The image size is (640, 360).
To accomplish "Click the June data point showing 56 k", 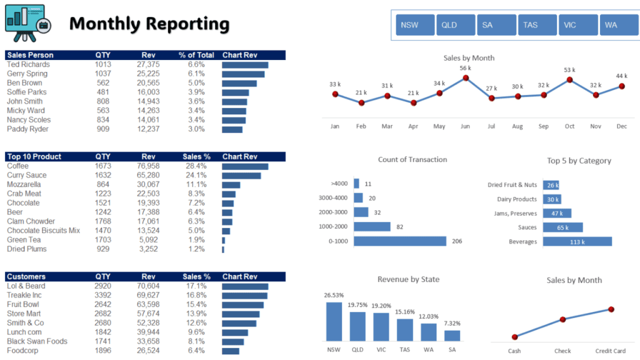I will pos(466,78).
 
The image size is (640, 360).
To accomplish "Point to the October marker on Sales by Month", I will pos(569,79).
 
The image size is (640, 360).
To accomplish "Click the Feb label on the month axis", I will pos(361,126).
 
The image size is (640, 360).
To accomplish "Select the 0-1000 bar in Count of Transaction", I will pos(400,241).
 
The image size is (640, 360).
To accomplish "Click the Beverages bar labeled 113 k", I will pos(577,241).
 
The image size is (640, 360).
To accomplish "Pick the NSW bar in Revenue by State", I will pos(334,321).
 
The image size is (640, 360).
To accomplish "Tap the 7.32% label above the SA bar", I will pos(452,323).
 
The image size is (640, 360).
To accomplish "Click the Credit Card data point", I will pos(611,309).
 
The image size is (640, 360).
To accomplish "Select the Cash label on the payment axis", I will pos(514,351).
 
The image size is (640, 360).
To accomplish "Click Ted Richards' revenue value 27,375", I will pos(148,64).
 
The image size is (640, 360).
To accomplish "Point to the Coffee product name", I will pos(17,166).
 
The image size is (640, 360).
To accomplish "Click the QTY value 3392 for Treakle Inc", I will pos(103,295).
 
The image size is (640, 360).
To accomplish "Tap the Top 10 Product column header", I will pos(34,157).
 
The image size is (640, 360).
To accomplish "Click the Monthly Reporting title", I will pos(149,24).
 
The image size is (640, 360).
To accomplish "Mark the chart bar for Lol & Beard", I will pos(245,286).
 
